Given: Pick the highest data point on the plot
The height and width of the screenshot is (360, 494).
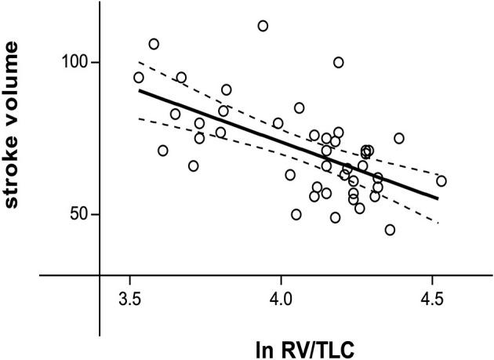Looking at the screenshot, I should click(x=263, y=26).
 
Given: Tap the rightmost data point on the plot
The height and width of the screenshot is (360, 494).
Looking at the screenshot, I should click(x=441, y=181).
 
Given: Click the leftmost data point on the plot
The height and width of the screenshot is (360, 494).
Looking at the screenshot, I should click(x=139, y=78).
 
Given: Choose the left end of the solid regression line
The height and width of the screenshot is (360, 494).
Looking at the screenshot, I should click(x=139, y=90).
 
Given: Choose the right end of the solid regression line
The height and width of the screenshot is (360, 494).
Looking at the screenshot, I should click(x=438, y=198).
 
